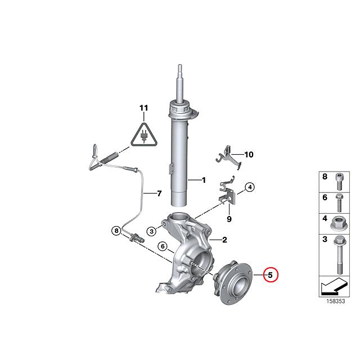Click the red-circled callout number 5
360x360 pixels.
click(x=271, y=275)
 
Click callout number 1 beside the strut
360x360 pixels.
click(x=204, y=181)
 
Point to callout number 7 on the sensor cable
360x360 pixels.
click(x=159, y=194)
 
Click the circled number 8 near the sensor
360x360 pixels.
click(x=116, y=230)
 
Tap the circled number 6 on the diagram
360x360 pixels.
click(x=161, y=246)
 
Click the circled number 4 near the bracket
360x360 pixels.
click(x=250, y=188)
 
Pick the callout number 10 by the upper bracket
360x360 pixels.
click(x=249, y=154)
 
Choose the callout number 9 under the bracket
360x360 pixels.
click(x=229, y=219)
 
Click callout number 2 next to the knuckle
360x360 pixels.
click(x=224, y=240)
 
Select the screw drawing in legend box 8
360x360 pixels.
click(x=339, y=182)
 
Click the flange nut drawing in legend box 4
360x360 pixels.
click(x=339, y=221)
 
